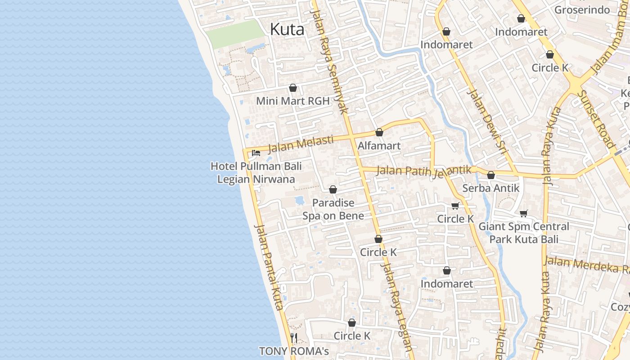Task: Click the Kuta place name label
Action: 287,30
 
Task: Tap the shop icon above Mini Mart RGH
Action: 293,88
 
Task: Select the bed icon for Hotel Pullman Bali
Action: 256,153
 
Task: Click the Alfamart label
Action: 379,146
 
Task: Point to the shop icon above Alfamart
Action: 379,132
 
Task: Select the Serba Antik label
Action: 490,188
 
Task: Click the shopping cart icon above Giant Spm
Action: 523,213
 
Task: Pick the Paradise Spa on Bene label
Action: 333,209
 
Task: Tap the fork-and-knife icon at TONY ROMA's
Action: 294,337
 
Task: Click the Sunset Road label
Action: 596,120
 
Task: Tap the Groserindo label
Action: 582,10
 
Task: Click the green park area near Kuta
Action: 235,34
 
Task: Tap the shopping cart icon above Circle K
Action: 455,206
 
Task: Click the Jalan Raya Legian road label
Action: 396,306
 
